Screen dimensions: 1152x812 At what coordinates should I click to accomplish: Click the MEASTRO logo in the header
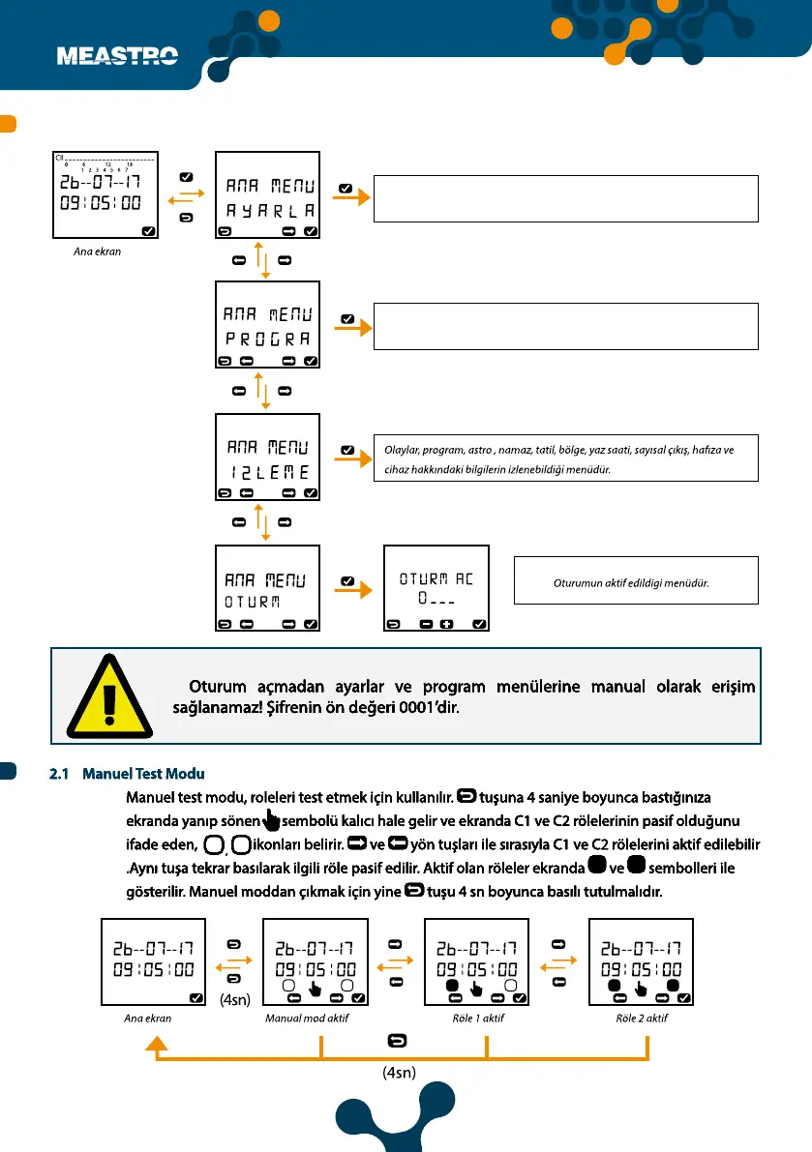pyautogui.click(x=118, y=56)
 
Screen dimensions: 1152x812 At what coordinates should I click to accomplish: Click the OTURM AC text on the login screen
pyautogui.click(x=436, y=579)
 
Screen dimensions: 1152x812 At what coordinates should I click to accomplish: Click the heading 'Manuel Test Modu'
pyautogui.click(x=143, y=775)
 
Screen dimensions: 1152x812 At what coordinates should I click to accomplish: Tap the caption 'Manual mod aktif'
pyautogui.click(x=307, y=1019)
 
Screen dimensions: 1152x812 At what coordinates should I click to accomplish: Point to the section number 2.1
pyautogui.click(x=61, y=775)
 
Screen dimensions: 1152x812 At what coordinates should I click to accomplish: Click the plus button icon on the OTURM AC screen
pyautogui.click(x=447, y=624)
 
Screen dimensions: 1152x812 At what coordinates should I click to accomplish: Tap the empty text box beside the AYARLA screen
pyautogui.click(x=565, y=198)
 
